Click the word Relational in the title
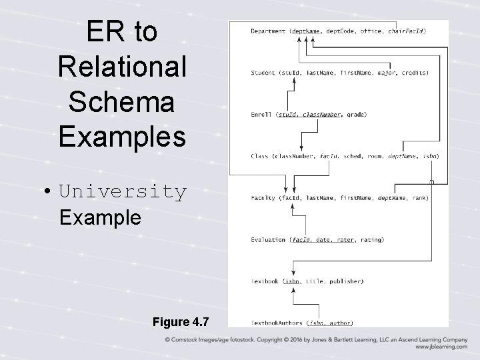(123, 67)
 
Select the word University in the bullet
(123, 192)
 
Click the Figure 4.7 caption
(180, 322)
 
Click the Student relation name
(263, 72)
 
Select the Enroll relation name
(261, 114)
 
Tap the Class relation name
(259, 156)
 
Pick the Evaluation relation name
(267, 239)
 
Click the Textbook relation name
(265, 281)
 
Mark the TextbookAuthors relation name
(276, 323)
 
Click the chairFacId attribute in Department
(407, 31)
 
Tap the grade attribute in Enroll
(356, 114)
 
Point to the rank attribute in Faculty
(419, 198)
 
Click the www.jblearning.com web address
(441, 347)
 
